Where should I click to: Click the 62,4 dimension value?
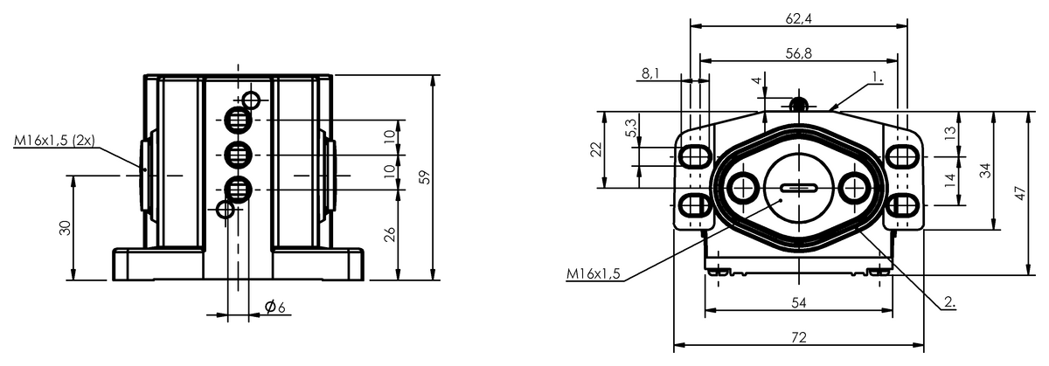[x=798, y=19]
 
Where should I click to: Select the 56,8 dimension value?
[x=798, y=54]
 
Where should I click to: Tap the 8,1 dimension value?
[x=650, y=73]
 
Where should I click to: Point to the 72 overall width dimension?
[x=799, y=337]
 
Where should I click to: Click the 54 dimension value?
[x=799, y=303]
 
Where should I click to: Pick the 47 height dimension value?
[x=1021, y=193]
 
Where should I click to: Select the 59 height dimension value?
[x=425, y=177]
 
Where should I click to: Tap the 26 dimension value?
[x=390, y=234]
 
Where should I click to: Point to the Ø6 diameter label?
[x=274, y=307]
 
